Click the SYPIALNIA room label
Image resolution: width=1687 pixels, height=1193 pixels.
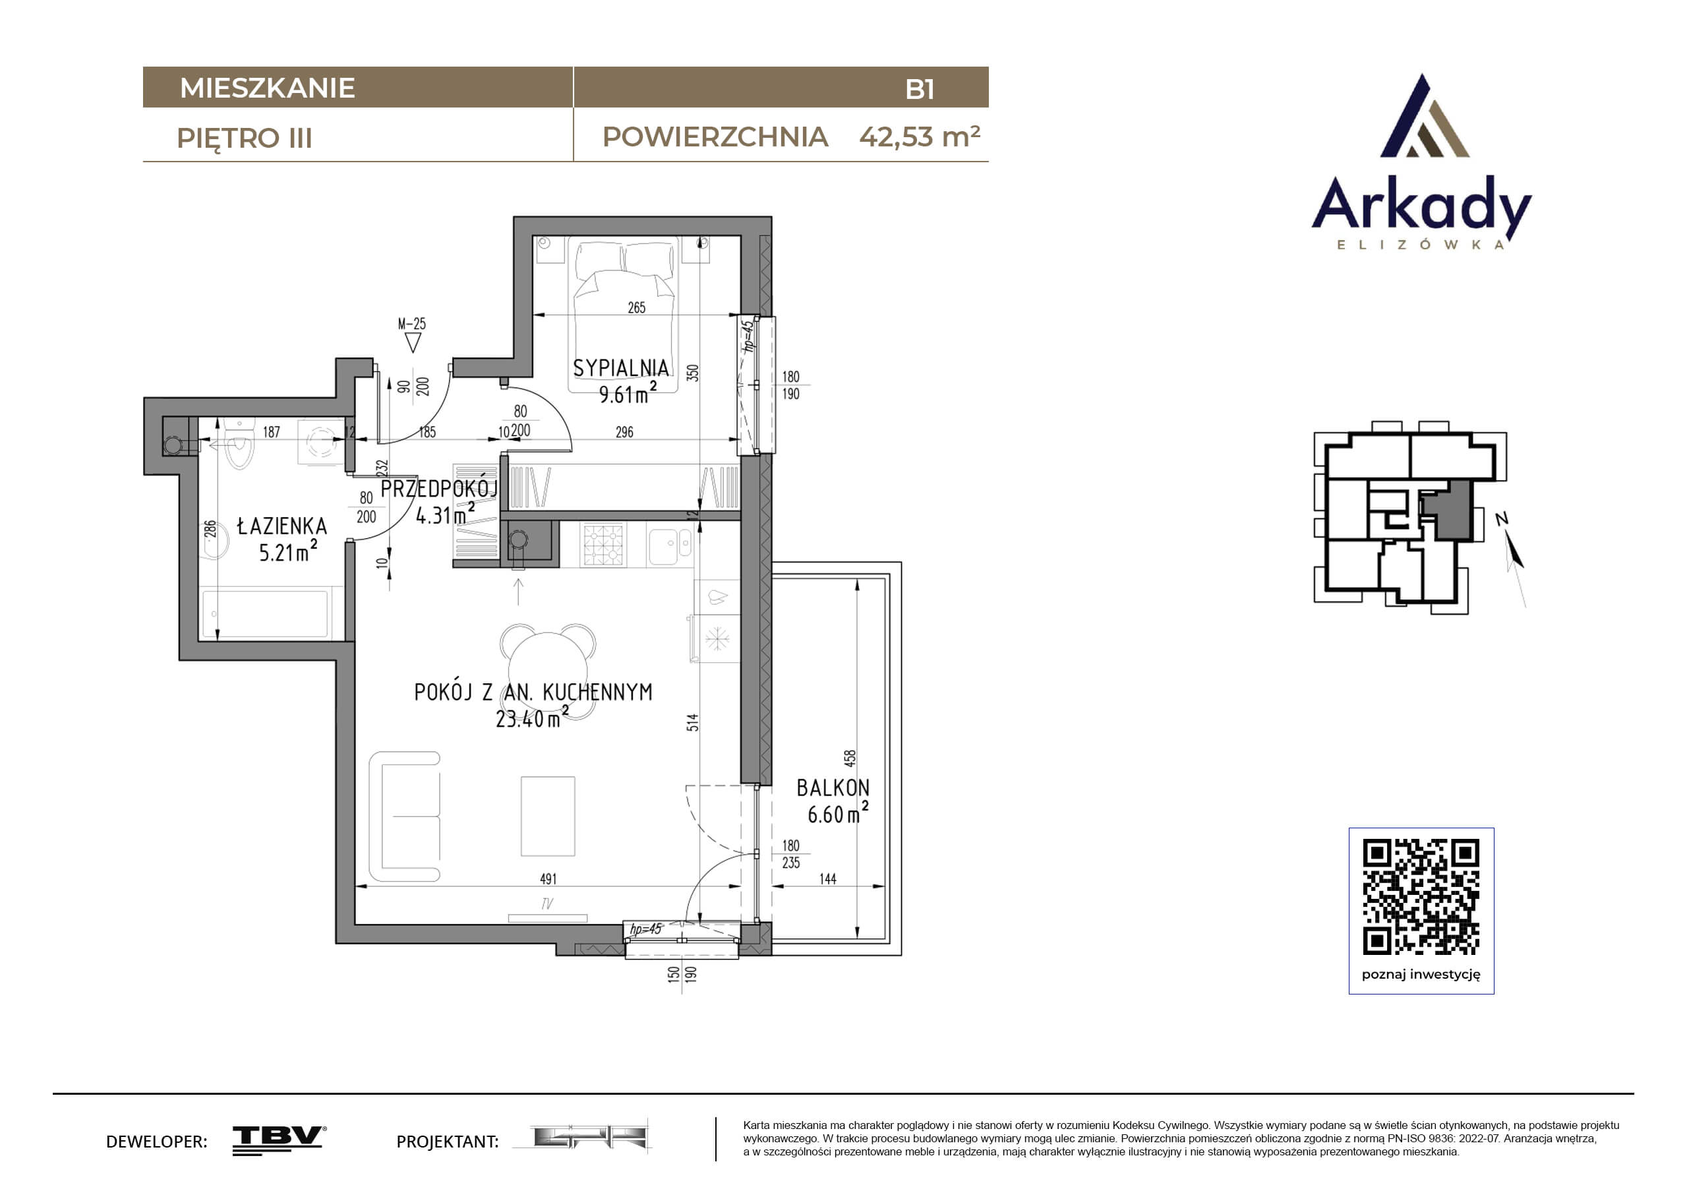pyautogui.click(x=621, y=368)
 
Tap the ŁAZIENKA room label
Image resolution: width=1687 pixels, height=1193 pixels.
pyautogui.click(x=282, y=526)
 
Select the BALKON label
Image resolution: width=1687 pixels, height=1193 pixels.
pyautogui.click(x=833, y=788)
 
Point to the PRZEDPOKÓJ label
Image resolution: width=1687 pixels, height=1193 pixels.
pyautogui.click(x=439, y=489)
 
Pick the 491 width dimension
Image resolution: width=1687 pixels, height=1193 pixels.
pyautogui.click(x=548, y=878)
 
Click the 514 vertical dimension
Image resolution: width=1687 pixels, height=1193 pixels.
pyautogui.click(x=693, y=722)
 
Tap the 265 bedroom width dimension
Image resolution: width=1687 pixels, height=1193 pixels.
pyautogui.click(x=636, y=307)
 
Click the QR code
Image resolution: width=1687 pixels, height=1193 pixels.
pyautogui.click(x=1421, y=896)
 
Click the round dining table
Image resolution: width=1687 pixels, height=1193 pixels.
pyautogui.click(x=548, y=671)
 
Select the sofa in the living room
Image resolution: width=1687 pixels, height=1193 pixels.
pyautogui.click(x=405, y=816)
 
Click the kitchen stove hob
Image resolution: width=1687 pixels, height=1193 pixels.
pyautogui.click(x=603, y=544)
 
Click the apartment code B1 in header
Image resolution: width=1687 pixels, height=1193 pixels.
pyautogui.click(x=919, y=89)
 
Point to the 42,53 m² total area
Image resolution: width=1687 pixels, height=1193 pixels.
pyautogui.click(x=919, y=137)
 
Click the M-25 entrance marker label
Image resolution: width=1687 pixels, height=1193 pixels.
pyautogui.click(x=411, y=323)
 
